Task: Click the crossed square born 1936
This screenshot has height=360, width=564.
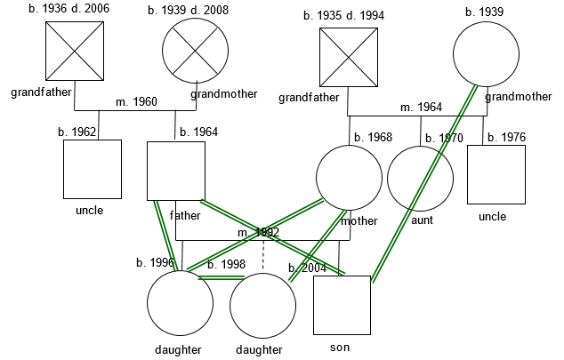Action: click(x=75, y=52)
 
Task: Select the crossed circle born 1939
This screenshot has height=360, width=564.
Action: click(x=195, y=52)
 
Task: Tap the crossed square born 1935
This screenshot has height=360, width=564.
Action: click(x=349, y=58)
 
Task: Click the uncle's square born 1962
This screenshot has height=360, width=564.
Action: click(x=93, y=169)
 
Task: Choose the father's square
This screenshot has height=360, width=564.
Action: click(x=176, y=171)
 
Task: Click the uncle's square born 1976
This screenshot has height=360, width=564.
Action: click(x=496, y=174)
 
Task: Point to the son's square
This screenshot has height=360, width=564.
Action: click(x=342, y=305)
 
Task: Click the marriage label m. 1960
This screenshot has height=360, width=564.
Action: click(x=136, y=102)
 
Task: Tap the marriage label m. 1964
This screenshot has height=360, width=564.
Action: click(x=421, y=108)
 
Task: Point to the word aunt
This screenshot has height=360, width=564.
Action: click(x=423, y=220)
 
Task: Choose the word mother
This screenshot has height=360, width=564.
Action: click(x=359, y=221)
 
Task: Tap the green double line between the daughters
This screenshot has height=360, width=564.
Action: click(x=221, y=278)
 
